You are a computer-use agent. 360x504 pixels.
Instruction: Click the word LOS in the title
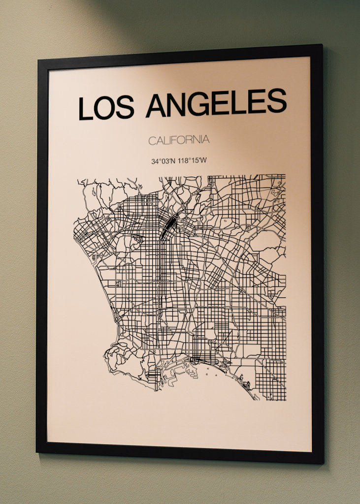[x=106, y=108]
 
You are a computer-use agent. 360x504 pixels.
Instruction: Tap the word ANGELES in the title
[x=216, y=103]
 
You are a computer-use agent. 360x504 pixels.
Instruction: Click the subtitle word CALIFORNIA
[x=179, y=140]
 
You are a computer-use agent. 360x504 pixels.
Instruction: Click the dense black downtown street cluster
[x=169, y=226]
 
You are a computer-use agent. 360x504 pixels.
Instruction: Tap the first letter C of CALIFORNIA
[x=152, y=141]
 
